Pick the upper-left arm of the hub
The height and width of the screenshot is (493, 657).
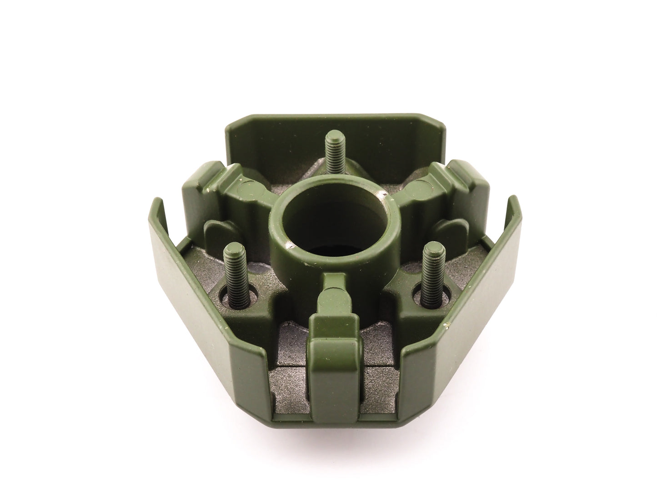point(227,186)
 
